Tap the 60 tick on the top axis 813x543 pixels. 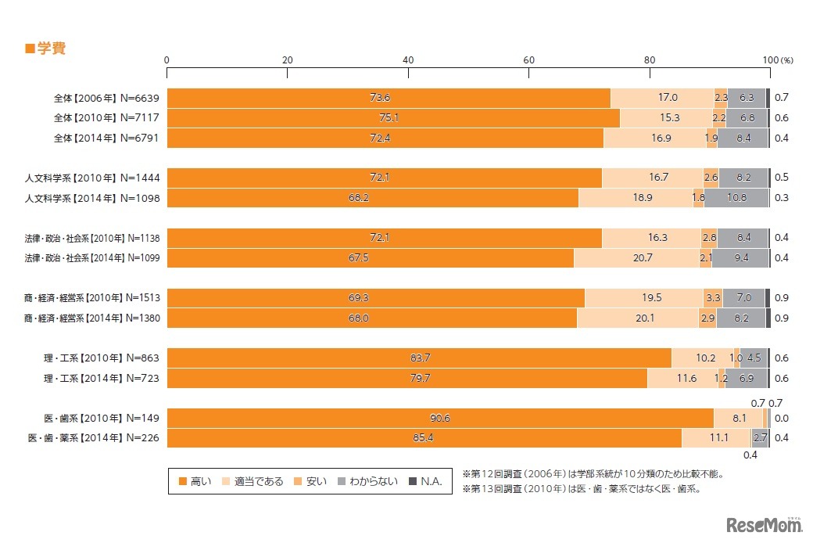point(529,60)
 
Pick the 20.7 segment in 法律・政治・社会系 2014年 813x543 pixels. point(636,258)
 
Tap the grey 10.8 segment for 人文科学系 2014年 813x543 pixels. point(736,198)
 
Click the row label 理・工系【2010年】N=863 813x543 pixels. point(102,358)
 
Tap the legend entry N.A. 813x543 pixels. point(426,481)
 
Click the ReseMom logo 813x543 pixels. point(764,523)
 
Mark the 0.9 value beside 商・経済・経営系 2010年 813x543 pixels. point(781,298)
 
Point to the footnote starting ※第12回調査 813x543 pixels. point(592,473)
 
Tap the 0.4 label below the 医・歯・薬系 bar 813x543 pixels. point(750,455)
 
